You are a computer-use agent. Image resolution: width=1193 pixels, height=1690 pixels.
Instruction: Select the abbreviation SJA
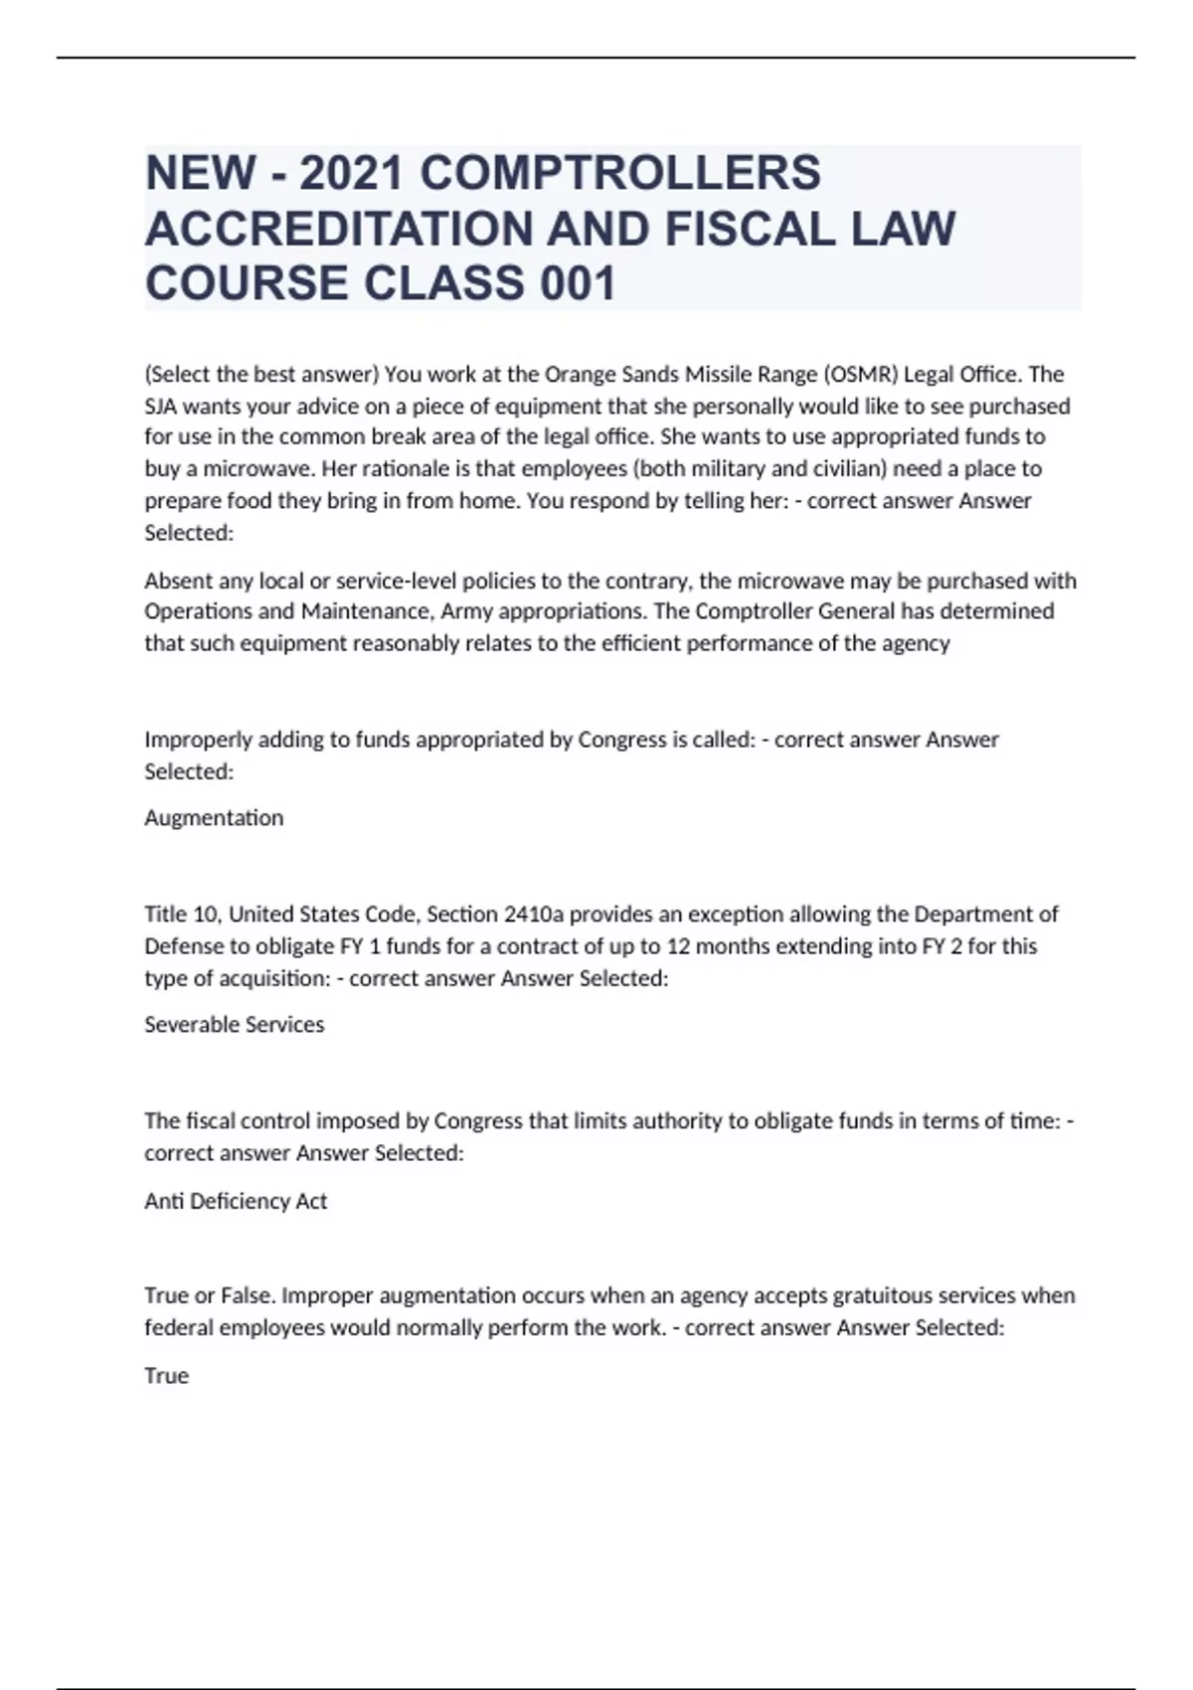(162, 407)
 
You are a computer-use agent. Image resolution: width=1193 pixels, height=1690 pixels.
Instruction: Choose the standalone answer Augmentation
(214, 818)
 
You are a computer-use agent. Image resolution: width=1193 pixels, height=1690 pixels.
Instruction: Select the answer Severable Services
(235, 1025)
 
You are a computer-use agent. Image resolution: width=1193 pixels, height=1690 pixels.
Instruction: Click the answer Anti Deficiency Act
(236, 1202)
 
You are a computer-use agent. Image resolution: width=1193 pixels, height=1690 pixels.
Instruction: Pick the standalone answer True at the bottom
(166, 1377)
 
